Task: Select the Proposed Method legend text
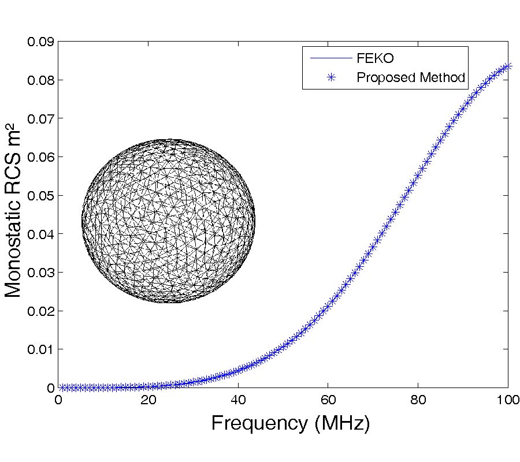pos(411,77)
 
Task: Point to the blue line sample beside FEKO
pos(331,59)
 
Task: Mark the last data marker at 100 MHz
pos(508,66)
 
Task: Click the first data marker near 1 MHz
pos(63,388)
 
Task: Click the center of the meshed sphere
pos(168,221)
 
